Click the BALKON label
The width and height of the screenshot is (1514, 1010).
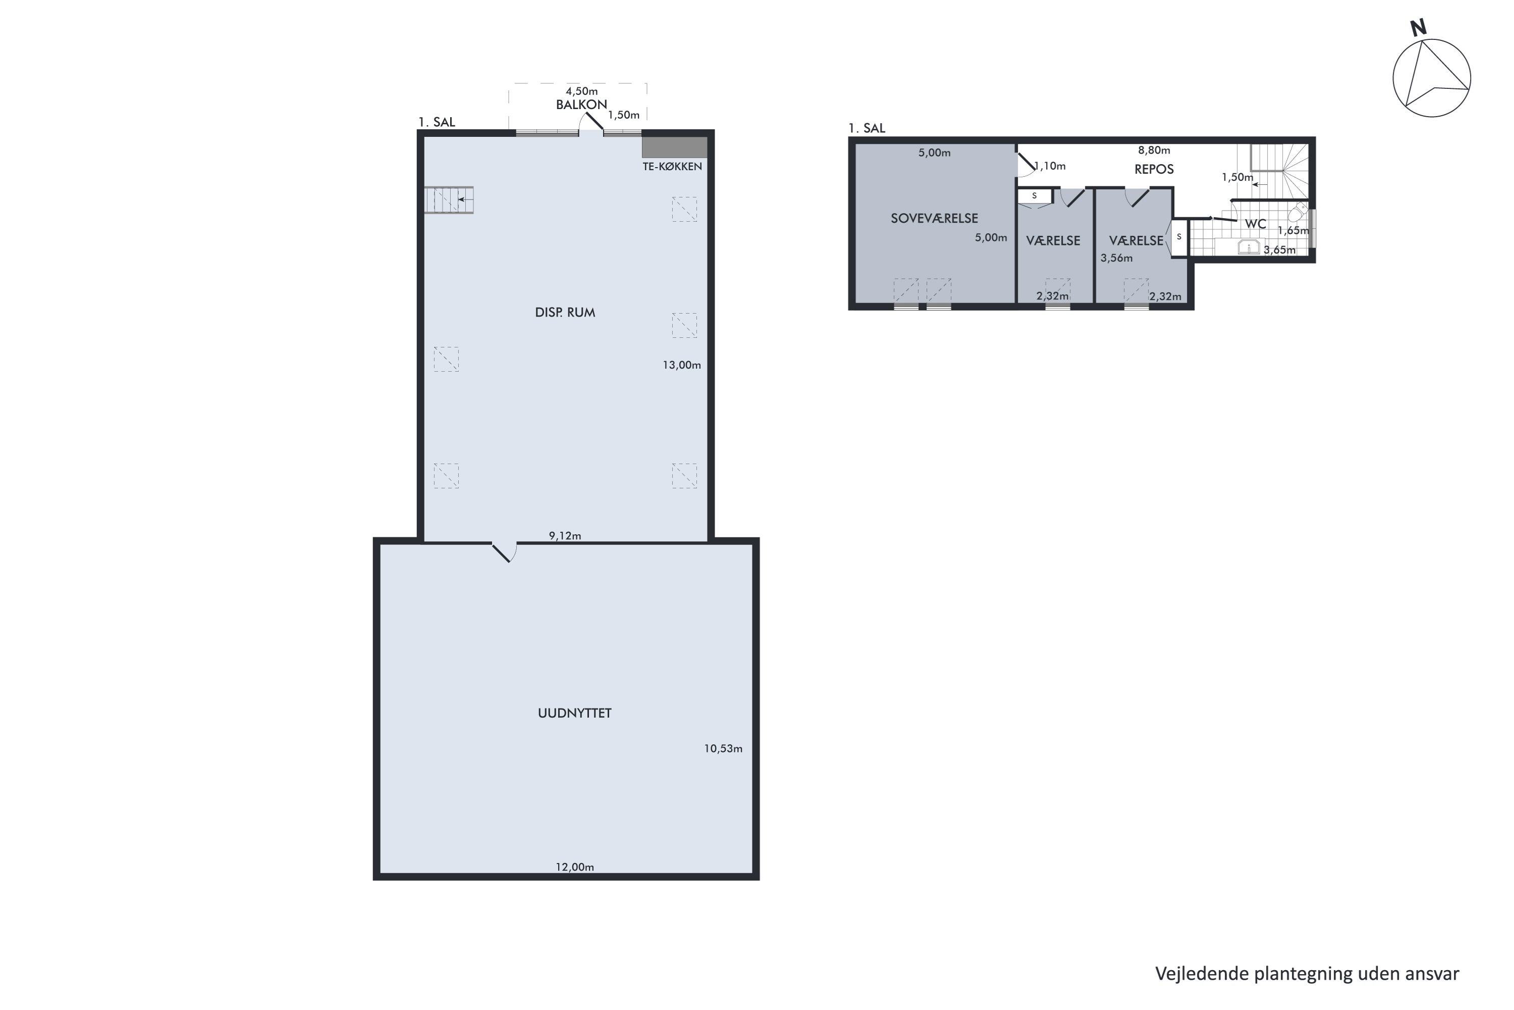click(581, 105)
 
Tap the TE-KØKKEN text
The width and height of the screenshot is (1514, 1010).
click(672, 166)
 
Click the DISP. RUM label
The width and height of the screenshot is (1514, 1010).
click(565, 313)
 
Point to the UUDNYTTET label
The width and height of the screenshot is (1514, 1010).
click(574, 713)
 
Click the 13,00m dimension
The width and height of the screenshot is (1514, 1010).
click(682, 365)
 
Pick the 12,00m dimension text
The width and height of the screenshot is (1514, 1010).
click(575, 867)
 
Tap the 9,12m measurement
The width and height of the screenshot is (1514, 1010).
click(565, 536)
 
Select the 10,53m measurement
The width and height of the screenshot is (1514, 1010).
click(723, 748)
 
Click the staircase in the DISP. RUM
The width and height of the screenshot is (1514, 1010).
click(449, 199)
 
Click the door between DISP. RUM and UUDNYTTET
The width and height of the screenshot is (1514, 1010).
click(505, 552)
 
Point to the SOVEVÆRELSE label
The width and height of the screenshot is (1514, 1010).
click(934, 218)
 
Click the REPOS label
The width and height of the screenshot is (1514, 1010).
click(1154, 169)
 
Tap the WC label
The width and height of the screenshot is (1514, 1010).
click(1255, 224)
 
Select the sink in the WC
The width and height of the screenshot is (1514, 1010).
click(1249, 247)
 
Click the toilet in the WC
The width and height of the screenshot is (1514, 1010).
click(1297, 212)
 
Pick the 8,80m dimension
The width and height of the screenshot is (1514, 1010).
click(1154, 150)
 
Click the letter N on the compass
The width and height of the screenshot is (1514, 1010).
click(1418, 28)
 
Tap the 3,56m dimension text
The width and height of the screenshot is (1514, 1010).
click(1116, 258)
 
